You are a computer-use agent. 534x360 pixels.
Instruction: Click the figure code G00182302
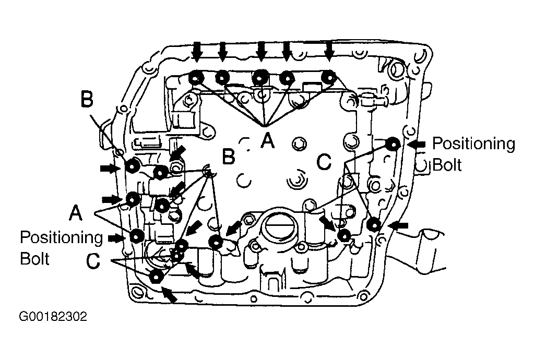(53, 317)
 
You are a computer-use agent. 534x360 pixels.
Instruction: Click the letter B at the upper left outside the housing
(87, 99)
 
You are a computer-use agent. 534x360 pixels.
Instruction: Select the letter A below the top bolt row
(268, 140)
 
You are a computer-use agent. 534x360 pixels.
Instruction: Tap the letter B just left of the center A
(229, 156)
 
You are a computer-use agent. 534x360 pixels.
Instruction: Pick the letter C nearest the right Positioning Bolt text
(324, 162)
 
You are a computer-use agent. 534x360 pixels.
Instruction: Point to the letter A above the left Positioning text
(76, 213)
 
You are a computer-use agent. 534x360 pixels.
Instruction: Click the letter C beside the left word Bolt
(93, 261)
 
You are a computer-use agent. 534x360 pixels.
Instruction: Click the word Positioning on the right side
(474, 145)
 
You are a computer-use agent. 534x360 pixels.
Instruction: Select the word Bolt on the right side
(447, 165)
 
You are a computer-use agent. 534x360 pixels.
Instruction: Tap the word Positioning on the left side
(61, 237)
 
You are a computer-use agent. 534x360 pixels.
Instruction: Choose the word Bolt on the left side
(35, 258)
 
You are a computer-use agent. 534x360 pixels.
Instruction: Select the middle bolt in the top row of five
(260, 78)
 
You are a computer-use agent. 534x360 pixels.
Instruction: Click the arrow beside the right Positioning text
(416, 145)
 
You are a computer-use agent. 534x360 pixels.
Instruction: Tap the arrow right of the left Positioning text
(116, 238)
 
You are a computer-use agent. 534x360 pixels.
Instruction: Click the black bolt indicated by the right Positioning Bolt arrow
(394, 145)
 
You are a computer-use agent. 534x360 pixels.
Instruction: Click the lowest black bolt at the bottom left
(156, 277)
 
